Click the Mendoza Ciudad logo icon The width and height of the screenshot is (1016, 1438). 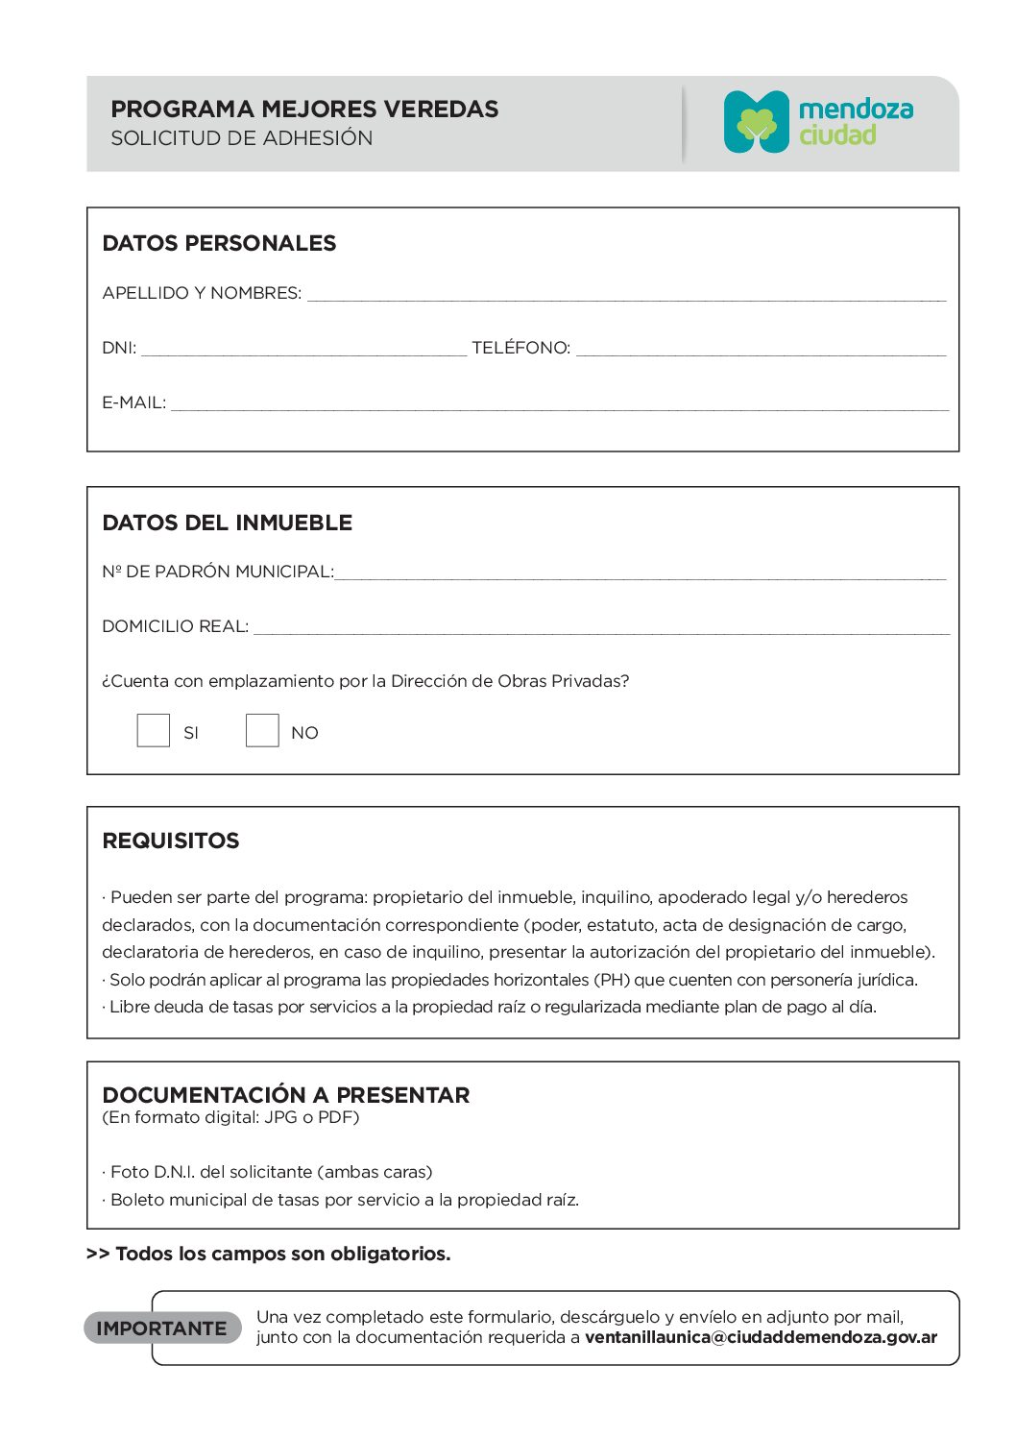point(756,122)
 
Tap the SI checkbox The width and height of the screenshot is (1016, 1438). point(154,730)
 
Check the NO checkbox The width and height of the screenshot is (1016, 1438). point(262,730)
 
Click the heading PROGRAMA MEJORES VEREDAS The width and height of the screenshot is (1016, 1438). point(304,109)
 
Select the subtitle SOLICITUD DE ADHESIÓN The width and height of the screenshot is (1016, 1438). point(242,138)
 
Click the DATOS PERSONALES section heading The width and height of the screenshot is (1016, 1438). point(219,244)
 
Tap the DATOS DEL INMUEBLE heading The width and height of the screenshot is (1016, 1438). point(228,524)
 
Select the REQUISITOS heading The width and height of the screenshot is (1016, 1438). point(171,841)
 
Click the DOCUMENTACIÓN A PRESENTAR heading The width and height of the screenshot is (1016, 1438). point(286,1095)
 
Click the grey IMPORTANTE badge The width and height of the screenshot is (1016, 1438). point(162,1328)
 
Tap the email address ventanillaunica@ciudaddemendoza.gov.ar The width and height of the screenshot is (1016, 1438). point(761,1337)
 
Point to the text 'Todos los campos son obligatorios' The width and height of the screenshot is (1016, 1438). point(282,1254)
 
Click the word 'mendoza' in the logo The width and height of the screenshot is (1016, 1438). point(856,109)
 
